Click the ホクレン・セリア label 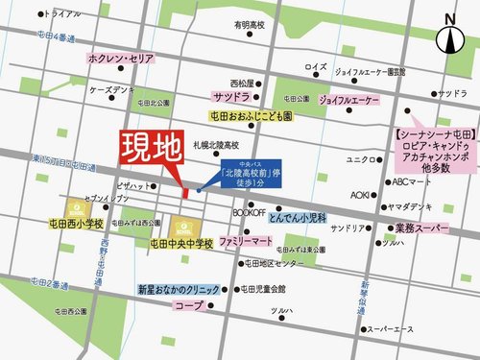(121, 59)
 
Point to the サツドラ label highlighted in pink (231, 98)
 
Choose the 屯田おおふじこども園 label (252, 115)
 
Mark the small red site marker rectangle (183, 195)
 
